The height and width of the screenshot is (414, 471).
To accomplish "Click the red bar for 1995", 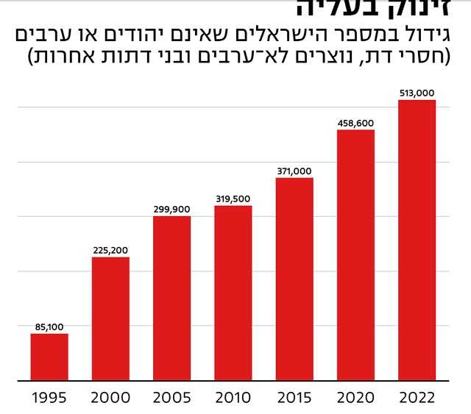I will pos(49,357).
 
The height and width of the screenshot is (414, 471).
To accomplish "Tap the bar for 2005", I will pos(171,299).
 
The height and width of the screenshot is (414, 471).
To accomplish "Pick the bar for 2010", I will pos(233,293).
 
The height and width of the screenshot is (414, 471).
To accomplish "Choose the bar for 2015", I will pos(294,279).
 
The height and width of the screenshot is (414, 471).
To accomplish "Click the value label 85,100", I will pos(49,326).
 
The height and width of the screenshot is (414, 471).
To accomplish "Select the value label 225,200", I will pos(110,250).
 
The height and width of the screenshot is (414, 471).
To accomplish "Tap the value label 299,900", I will pos(171,209).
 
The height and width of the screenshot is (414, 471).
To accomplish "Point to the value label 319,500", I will pos(233,199).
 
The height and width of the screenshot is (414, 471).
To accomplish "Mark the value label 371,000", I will pos(294,171).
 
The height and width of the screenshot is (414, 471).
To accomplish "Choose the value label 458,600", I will pos(355,123).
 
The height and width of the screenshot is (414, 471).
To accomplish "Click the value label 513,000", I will pos(417,93).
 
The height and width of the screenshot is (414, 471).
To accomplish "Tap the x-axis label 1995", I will pos(49,398).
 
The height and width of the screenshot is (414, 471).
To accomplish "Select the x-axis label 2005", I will pos(171,398).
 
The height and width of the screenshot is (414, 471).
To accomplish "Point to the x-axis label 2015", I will pos(294,398).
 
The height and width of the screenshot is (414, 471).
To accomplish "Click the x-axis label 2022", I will pos(417,398).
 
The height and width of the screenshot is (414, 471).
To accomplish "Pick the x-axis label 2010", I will pos(233,398).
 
